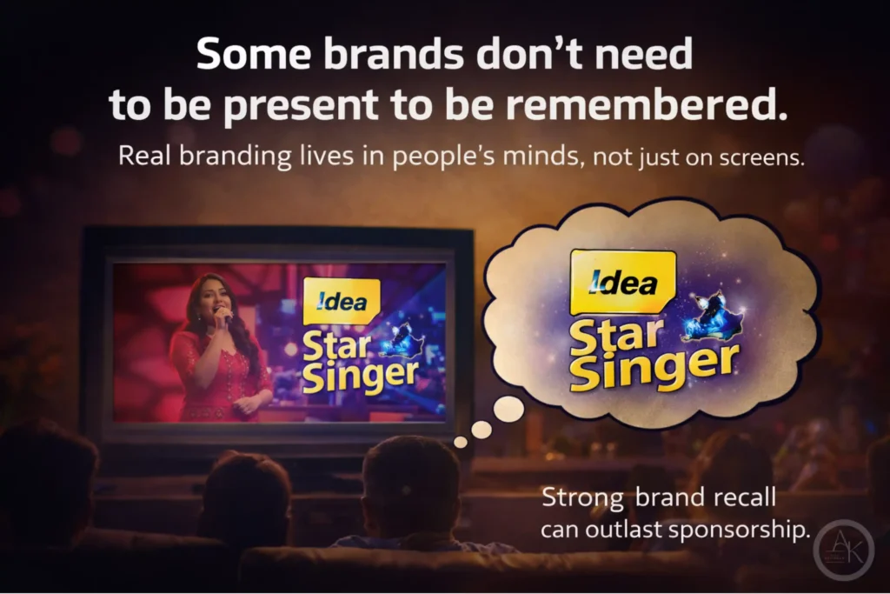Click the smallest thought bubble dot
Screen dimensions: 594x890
(461, 442)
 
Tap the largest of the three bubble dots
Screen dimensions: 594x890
(508, 409)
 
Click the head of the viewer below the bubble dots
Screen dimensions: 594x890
(409, 483)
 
